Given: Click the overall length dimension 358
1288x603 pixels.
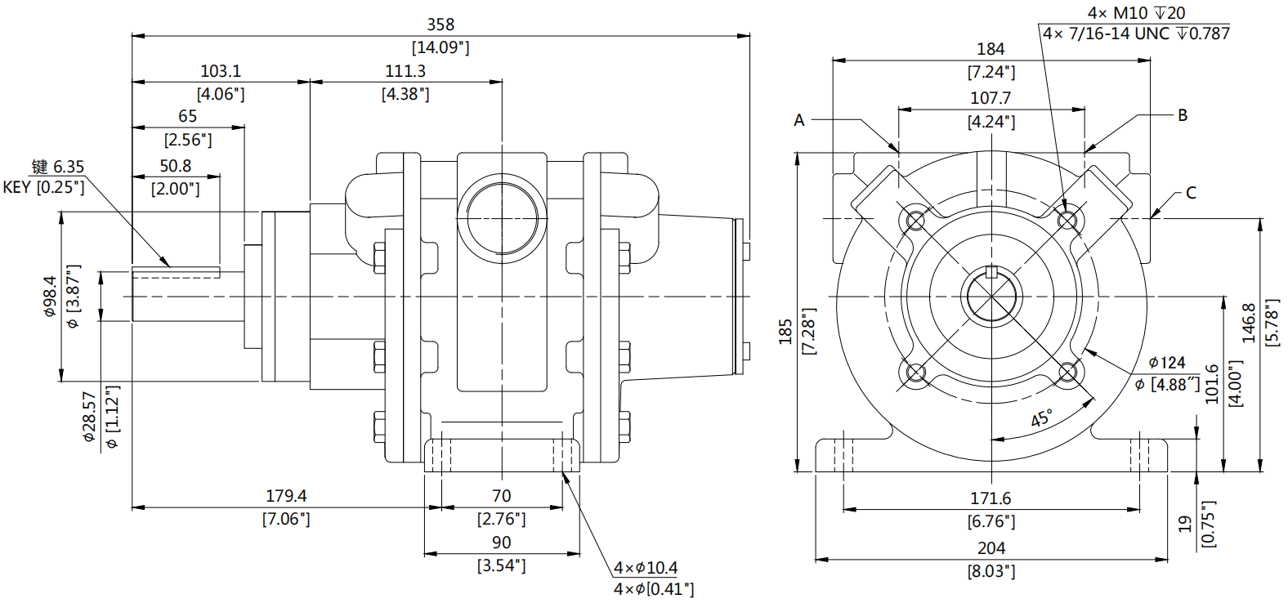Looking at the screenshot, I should click(x=441, y=25).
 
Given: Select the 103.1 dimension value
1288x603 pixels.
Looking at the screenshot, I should click(x=221, y=71).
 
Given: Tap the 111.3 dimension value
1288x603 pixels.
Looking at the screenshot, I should click(x=405, y=71).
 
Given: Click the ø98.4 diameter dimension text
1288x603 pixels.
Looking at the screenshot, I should click(x=50, y=296).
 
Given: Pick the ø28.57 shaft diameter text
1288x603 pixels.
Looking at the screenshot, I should click(x=90, y=417).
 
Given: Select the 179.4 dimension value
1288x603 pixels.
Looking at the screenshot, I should click(x=286, y=496).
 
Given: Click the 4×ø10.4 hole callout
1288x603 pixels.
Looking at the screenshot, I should click(x=646, y=568).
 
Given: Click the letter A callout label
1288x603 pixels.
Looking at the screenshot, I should click(x=799, y=120).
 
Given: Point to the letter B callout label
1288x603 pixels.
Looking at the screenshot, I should click(x=1182, y=115).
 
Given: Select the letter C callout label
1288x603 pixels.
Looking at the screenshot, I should click(x=1191, y=193).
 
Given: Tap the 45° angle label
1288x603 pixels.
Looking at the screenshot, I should click(x=1041, y=418).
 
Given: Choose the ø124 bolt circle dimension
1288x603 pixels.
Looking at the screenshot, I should click(x=1166, y=362).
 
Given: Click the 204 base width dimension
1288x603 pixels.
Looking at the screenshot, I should click(x=991, y=548).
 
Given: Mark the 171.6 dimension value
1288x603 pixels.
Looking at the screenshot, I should click(x=991, y=498).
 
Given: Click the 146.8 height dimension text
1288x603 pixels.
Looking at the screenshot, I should click(x=1249, y=323).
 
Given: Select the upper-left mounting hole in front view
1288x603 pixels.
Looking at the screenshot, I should click(x=915, y=220).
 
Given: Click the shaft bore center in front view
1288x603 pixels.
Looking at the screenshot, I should click(x=991, y=297).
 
